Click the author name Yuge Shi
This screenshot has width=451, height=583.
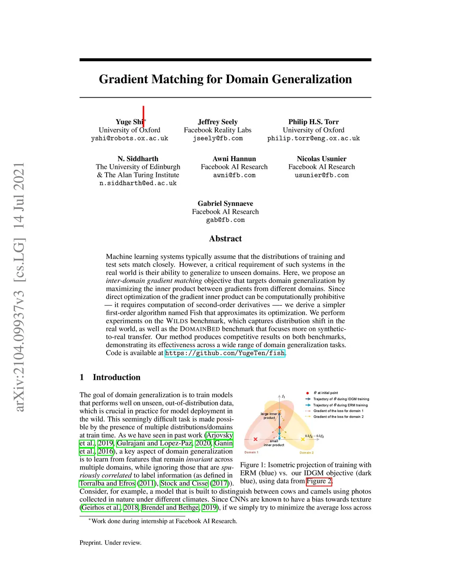129,122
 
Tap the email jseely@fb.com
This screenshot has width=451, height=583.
218,139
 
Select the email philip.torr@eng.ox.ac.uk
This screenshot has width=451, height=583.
313,139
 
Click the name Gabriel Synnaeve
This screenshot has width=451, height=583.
225,203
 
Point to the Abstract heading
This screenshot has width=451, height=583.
225,238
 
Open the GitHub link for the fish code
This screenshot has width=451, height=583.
225,353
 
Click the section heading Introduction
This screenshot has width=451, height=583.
117,377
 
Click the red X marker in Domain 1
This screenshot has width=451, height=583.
255,439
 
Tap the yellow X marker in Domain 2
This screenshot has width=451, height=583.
303,439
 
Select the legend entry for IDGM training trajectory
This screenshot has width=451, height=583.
337,399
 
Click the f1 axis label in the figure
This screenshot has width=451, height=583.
283,396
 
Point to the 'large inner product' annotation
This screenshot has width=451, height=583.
269,416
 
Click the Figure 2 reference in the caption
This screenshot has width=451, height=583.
319,481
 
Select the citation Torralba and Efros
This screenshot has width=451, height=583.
107,483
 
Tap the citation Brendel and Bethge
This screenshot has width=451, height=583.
170,507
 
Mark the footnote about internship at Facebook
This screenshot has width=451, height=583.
163,521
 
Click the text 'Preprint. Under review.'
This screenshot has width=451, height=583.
111,543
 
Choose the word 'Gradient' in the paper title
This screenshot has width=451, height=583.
123,79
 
